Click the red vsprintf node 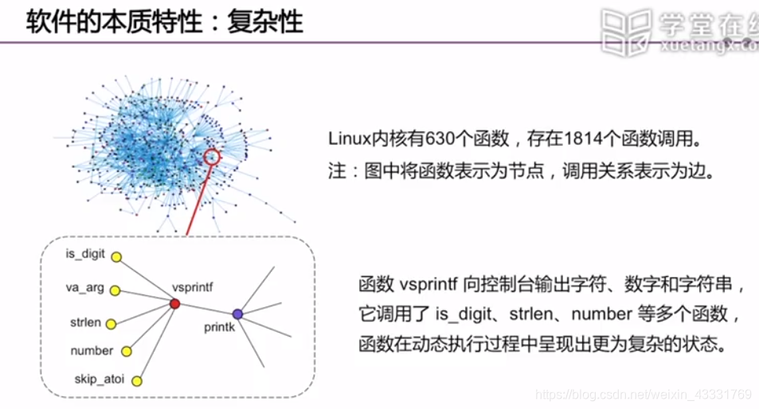(x=175, y=304)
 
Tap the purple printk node (x=237, y=314)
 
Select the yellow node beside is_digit (x=116, y=258)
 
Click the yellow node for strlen (x=112, y=324)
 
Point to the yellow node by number (x=126, y=351)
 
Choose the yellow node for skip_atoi (x=136, y=381)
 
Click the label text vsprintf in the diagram (x=193, y=286)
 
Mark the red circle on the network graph (x=211, y=156)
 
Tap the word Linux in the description (x=348, y=139)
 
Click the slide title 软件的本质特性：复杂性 (x=166, y=21)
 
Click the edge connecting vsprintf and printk (x=206, y=309)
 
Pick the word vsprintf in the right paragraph (x=426, y=285)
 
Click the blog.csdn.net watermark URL (x=644, y=395)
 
